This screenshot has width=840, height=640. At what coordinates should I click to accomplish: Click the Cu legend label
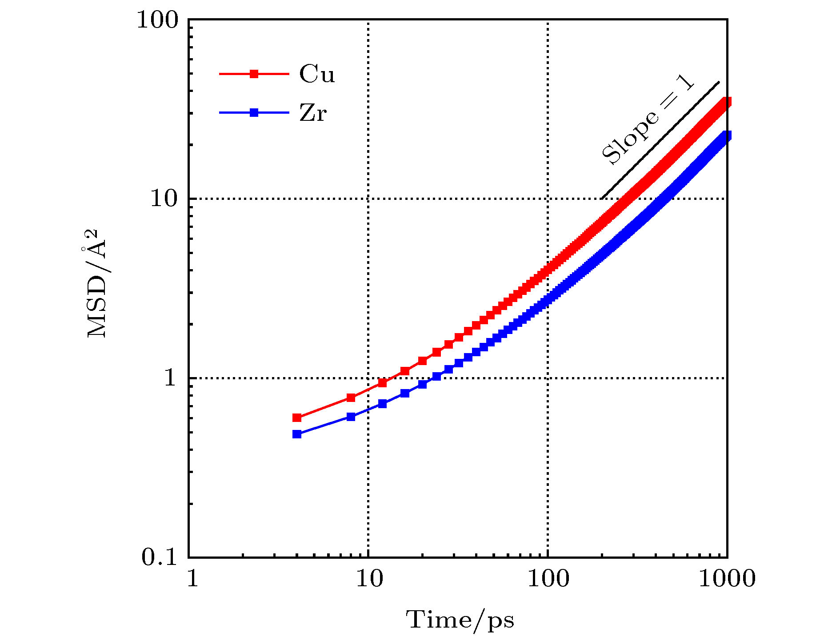[316, 74]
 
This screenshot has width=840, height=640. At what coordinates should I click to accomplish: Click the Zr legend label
[313, 113]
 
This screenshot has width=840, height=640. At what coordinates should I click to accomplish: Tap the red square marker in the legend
[254, 74]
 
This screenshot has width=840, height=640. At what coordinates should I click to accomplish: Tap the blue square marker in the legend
[254, 113]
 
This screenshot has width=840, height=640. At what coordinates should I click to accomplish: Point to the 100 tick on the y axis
[157, 20]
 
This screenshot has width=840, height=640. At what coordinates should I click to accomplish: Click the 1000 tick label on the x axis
[727, 579]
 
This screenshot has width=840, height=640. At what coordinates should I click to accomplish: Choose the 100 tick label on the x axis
[548, 579]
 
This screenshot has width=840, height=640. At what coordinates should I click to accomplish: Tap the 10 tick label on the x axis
[368, 579]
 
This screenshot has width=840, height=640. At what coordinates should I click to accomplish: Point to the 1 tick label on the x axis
[192, 579]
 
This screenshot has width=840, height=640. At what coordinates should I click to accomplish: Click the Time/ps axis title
[460, 620]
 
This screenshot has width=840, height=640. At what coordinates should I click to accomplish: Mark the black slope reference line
[660, 140]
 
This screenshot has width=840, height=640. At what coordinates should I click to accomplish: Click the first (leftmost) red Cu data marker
[297, 418]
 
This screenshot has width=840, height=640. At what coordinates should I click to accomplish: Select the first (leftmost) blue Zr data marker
[297, 434]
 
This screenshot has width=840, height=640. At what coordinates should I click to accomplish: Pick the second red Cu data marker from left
[351, 398]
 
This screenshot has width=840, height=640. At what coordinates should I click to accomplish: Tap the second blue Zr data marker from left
[351, 417]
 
